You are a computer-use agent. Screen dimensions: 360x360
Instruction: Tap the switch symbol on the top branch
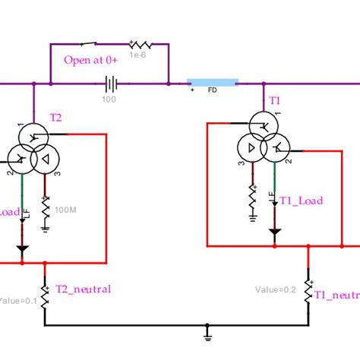tap(93, 43)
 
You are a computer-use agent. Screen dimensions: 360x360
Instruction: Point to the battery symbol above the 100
tap(112, 83)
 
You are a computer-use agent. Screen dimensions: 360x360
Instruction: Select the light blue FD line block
tap(213, 82)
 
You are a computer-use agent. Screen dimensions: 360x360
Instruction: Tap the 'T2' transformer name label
tap(56, 116)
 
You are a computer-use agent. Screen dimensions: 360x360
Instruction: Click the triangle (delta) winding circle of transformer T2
tap(45, 158)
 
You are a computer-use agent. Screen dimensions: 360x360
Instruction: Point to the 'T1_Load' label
tap(301, 201)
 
